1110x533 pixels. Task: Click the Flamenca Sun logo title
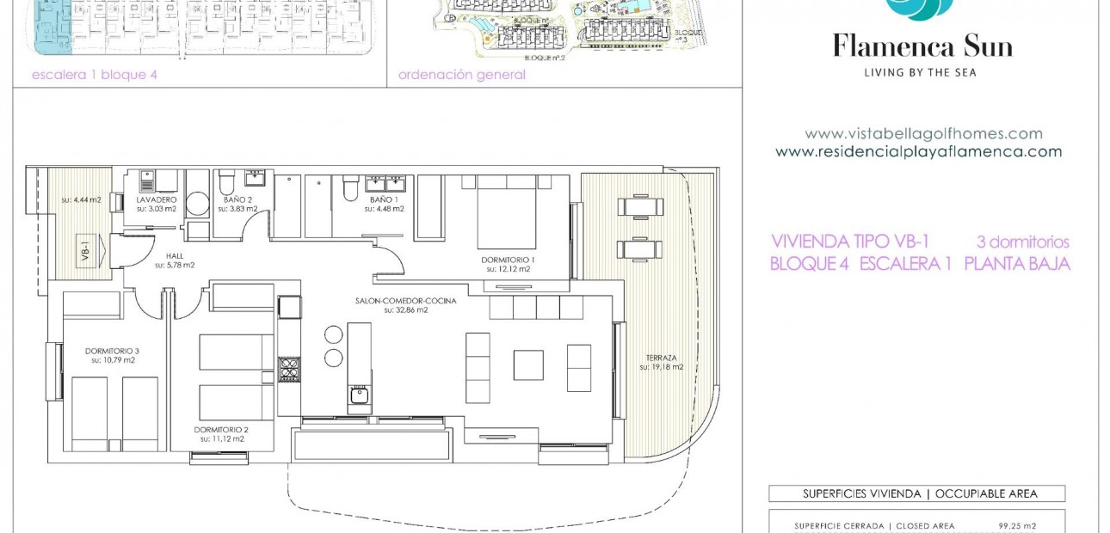[922, 45]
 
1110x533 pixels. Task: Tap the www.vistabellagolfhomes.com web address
[923, 134]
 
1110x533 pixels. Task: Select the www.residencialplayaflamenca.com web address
[918, 152]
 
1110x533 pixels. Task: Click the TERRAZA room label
[662, 357]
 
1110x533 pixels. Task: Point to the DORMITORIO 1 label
[508, 259]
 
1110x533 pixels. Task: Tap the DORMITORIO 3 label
[112, 350]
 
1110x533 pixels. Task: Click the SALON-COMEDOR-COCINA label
[405, 301]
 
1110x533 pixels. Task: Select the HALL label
[175, 255]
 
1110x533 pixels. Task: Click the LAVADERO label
[157, 199]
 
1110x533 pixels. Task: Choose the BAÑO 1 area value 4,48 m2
[384, 209]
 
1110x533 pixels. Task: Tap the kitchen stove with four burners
[288, 370]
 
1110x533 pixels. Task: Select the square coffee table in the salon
[528, 365]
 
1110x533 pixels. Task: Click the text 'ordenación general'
[461, 75]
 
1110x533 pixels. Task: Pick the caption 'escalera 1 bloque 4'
[95, 75]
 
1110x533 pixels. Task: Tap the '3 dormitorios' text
[1022, 242]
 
